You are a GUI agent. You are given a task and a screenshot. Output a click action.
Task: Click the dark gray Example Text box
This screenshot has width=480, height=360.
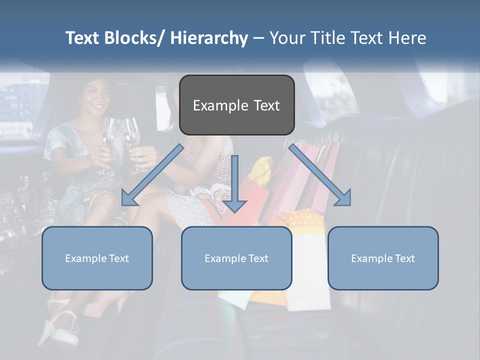236,105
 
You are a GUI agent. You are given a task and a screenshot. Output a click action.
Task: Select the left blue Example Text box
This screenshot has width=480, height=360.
97,258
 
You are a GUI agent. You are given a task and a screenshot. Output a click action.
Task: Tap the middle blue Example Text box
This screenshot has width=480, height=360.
236,258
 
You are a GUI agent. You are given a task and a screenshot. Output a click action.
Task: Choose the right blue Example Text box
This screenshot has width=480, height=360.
383,258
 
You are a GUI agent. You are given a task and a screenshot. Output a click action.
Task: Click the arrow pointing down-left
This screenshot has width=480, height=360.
152,175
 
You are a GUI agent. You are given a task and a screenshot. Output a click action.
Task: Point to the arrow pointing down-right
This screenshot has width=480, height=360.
320,175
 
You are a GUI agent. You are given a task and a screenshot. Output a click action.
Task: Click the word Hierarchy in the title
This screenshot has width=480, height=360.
209,38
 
